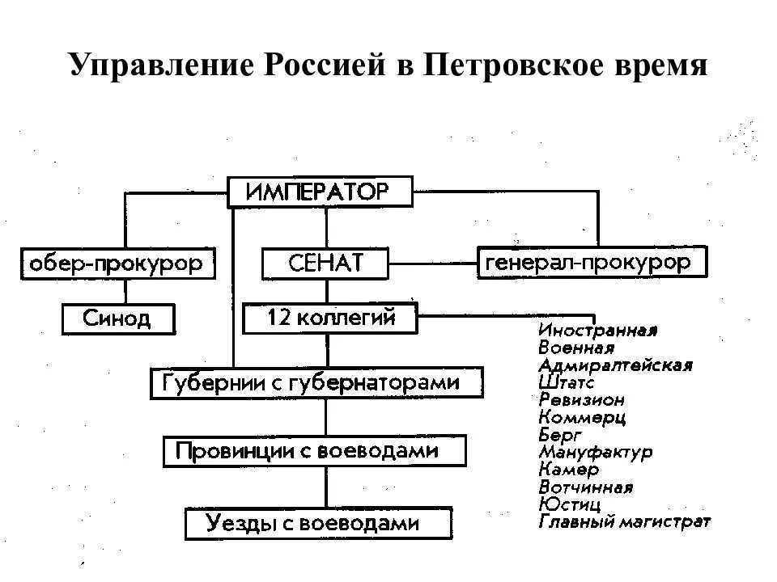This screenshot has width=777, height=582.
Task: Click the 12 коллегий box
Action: click(x=330, y=318)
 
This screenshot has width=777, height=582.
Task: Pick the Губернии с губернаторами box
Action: click(x=316, y=382)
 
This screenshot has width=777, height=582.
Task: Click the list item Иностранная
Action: click(x=597, y=330)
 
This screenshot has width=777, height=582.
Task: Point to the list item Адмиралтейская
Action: click(x=614, y=365)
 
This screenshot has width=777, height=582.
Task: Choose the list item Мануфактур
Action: click(x=595, y=452)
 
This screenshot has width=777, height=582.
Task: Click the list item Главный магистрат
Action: click(x=624, y=521)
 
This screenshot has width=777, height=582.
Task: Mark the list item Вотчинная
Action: click(x=585, y=487)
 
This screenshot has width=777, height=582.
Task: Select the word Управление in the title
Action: click(x=159, y=65)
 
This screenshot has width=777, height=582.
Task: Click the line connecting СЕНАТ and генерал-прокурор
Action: click(x=432, y=263)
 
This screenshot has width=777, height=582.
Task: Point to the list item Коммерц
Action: click(x=581, y=417)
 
